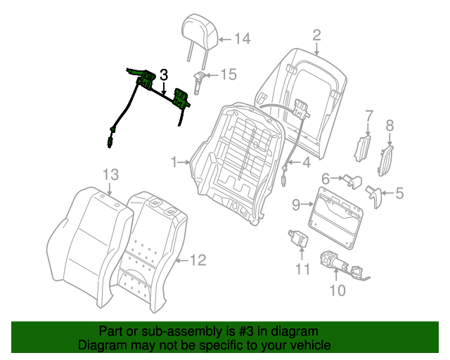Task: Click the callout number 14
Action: [242, 39]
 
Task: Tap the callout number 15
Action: [229, 74]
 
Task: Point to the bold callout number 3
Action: [163, 75]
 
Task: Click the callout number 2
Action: [316, 34]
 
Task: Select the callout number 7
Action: [368, 116]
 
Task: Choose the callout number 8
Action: [390, 127]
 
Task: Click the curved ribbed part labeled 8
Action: [385, 161]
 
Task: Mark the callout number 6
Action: [326, 179]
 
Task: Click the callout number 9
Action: [296, 205]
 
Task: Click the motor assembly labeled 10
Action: [342, 265]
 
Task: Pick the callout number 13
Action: [111, 174]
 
